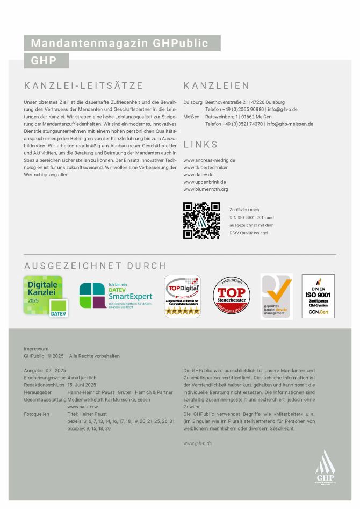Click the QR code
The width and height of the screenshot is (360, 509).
coord(201,220)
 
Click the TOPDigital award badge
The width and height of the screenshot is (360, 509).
coord(182,296)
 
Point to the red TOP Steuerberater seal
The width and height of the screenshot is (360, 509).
coord(232,296)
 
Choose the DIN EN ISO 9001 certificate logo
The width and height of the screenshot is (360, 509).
coord(318,296)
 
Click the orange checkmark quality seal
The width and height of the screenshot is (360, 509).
coord(277,296)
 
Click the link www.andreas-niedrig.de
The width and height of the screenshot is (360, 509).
coord(209,160)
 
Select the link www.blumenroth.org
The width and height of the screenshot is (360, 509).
coord(206,189)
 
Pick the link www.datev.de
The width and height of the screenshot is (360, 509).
coord(198,175)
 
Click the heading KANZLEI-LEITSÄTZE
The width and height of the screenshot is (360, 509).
coord(83,86)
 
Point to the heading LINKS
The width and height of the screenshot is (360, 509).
coord(201,145)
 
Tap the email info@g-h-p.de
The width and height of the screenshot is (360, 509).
coord(283,109)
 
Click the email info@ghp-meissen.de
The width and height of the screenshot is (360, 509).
coord(290,124)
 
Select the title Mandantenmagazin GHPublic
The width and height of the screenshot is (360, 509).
coord(122,43)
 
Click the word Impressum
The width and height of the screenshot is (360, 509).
coord(36,349)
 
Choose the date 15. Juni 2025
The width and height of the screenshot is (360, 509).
coord(82,385)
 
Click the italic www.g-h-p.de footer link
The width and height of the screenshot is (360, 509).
coord(197,443)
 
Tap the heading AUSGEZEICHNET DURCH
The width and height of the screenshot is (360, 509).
coord(95,266)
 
